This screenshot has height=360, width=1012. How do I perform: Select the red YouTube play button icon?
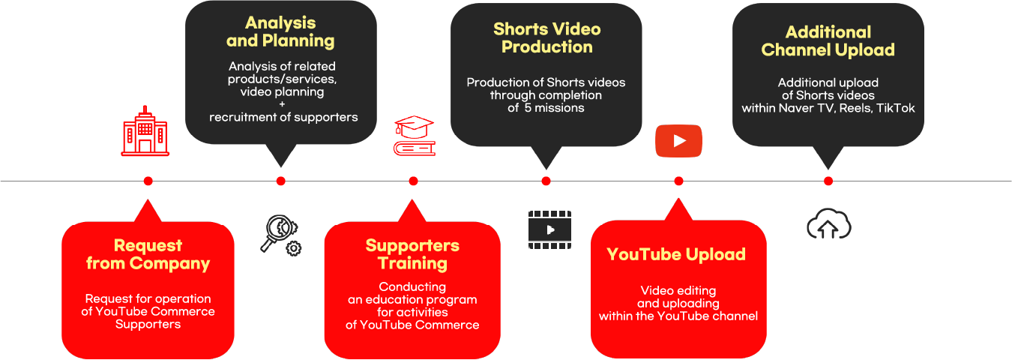(678, 141)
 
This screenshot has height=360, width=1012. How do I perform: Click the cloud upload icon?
(828, 224)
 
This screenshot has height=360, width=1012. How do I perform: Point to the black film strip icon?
(549, 229)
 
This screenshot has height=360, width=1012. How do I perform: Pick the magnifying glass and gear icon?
(281, 235)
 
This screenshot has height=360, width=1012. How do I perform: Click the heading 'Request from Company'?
(148, 254)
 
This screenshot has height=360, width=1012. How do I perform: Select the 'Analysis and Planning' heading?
(280, 31)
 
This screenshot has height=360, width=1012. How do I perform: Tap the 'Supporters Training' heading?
(412, 254)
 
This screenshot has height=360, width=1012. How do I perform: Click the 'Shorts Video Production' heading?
(546, 37)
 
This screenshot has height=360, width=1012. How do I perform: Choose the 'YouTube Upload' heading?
(676, 254)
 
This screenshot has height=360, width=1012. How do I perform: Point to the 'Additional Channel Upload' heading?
(828, 40)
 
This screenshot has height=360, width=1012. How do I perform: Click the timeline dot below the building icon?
(148, 181)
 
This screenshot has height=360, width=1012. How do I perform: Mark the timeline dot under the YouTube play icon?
(678, 181)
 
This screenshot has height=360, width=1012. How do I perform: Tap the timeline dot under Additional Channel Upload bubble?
(828, 181)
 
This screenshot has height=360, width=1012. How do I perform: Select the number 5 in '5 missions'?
(528, 107)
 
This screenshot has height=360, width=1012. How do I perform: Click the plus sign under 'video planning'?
(282, 104)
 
